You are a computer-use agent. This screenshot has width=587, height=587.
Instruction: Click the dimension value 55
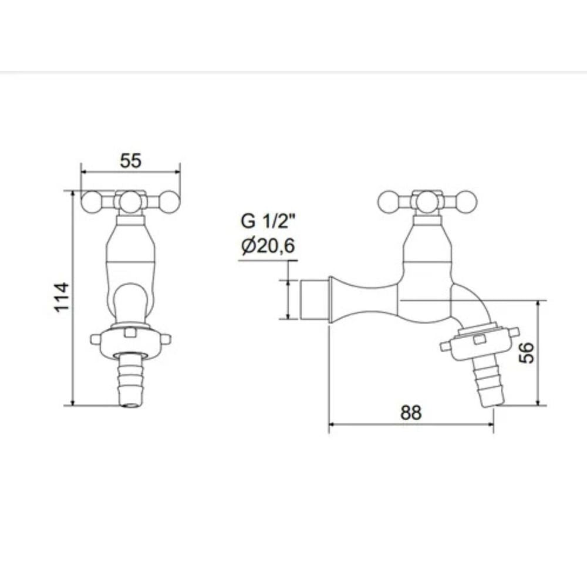130,160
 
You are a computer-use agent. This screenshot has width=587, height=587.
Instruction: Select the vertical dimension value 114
62,298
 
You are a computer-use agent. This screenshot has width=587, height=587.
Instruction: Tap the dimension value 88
411,413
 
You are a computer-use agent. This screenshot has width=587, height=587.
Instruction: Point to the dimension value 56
528,353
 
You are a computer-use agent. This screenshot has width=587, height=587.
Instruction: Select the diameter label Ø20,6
268,247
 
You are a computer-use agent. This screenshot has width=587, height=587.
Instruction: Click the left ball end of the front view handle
92,202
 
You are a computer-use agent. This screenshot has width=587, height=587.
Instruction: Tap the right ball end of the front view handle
168,202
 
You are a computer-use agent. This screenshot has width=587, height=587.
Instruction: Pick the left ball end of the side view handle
389,202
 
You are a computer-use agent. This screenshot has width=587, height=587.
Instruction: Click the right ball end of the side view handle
466,202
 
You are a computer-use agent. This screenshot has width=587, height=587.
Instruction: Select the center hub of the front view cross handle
130,201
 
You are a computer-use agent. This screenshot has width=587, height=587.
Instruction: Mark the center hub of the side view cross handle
427,201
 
